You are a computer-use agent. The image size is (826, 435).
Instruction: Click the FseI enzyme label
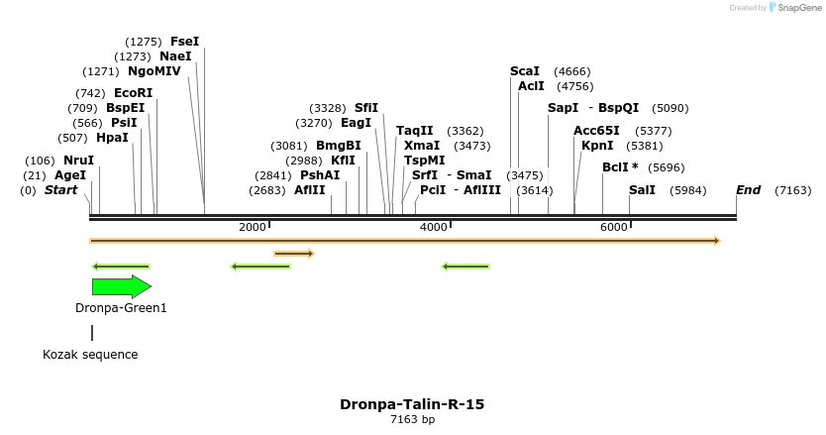(x=184, y=42)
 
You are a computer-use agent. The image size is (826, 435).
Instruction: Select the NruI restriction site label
(x=78, y=161)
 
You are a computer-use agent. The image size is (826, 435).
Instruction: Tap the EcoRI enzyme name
(x=134, y=93)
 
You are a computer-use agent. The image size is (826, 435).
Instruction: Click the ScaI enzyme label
(x=525, y=71)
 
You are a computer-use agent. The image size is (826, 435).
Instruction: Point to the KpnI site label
(x=597, y=146)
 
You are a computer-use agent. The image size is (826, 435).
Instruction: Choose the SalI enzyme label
(x=642, y=190)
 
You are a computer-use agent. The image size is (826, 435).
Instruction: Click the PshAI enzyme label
(x=320, y=175)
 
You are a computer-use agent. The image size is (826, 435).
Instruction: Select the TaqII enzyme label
(x=415, y=131)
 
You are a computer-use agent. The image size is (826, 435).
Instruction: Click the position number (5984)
(x=689, y=190)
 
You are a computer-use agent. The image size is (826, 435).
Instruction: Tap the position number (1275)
(x=143, y=42)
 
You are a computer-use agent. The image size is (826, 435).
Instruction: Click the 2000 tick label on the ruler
(x=253, y=227)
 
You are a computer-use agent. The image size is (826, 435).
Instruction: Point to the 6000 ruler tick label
(x=614, y=227)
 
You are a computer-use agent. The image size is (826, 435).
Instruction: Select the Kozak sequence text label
(x=90, y=354)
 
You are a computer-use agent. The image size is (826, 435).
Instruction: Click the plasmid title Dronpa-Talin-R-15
(x=412, y=404)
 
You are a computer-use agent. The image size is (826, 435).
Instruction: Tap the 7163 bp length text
(x=412, y=420)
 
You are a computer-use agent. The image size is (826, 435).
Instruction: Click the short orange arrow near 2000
(x=293, y=254)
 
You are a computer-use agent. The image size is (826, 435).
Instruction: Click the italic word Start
(x=60, y=190)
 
